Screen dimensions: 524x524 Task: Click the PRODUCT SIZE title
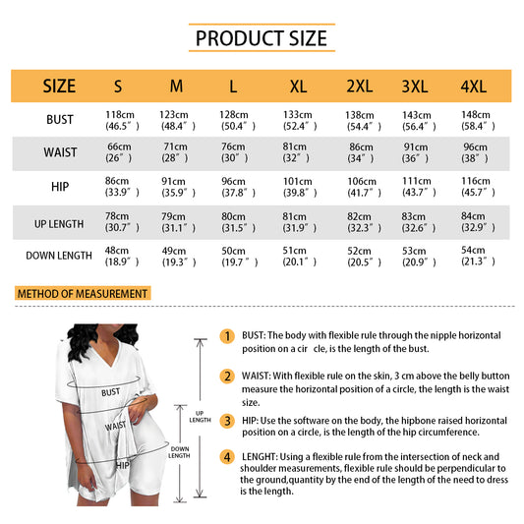click(x=262, y=38)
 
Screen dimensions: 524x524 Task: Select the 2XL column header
click(x=360, y=87)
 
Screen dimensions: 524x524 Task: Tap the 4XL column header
click(x=473, y=87)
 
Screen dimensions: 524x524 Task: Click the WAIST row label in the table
click(x=60, y=152)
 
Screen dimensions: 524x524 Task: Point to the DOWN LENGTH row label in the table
click(x=59, y=256)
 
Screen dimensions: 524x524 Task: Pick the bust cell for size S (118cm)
click(x=122, y=120)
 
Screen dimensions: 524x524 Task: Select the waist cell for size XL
click(x=295, y=152)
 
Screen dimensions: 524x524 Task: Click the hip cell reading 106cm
click(x=364, y=187)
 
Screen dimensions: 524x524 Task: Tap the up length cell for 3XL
click(x=419, y=222)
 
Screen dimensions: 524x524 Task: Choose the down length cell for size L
click(x=239, y=257)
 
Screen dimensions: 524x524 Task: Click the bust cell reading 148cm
click(x=478, y=120)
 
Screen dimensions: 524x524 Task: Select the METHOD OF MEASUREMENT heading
click(x=83, y=293)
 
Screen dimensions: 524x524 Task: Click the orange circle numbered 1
click(x=227, y=336)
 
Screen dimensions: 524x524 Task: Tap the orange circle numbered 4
click(x=227, y=457)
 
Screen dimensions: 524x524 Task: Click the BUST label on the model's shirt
click(x=111, y=392)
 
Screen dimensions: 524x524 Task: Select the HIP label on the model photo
click(x=122, y=465)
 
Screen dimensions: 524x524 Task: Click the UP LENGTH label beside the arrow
click(x=201, y=417)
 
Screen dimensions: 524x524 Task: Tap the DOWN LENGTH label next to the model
click(x=180, y=452)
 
